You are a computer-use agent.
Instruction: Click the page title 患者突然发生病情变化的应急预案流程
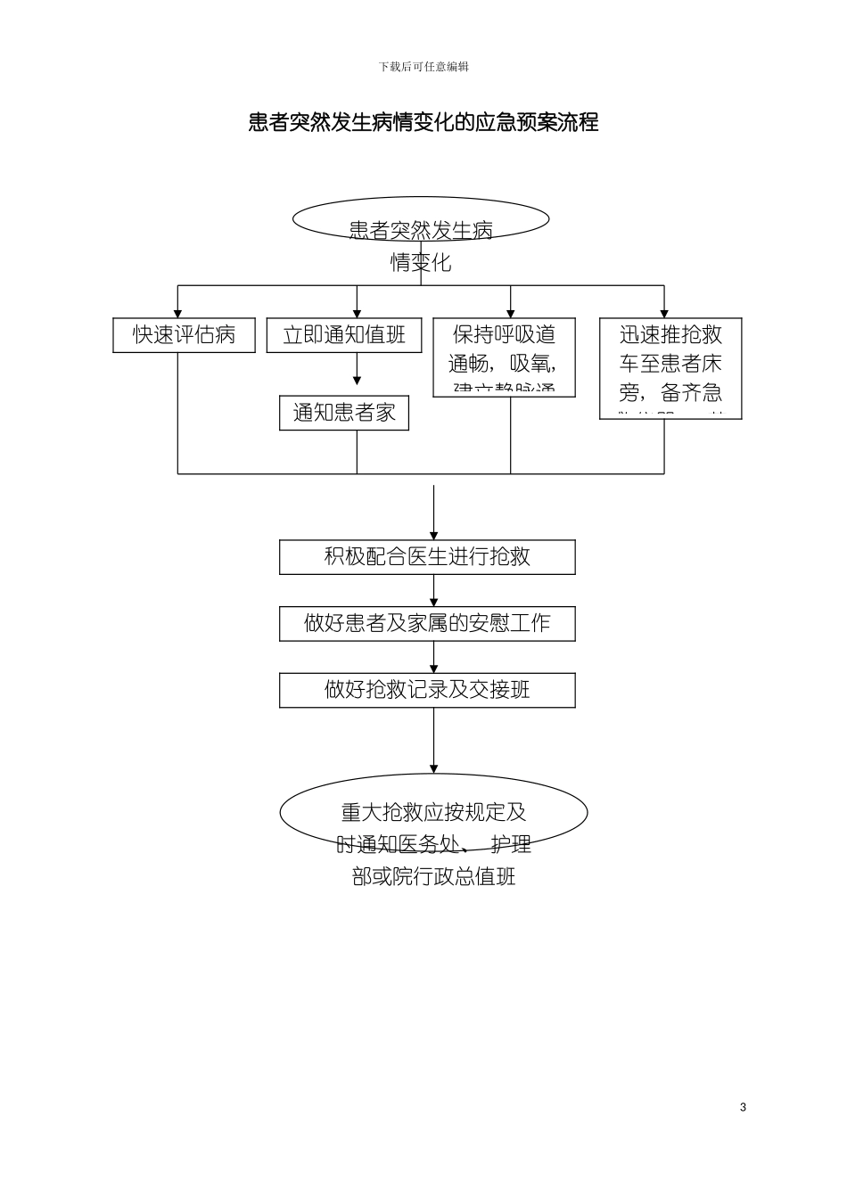(423, 122)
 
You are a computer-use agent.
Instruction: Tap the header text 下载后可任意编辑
(423, 67)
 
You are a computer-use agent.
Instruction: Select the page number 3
(743, 1107)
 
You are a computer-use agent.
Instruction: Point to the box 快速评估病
(184, 335)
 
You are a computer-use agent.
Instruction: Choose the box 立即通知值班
(344, 335)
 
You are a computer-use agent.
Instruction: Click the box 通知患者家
(344, 413)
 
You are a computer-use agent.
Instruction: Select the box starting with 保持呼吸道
(504, 357)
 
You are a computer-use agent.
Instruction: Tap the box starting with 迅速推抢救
(670, 368)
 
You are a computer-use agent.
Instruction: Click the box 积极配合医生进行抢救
(427, 557)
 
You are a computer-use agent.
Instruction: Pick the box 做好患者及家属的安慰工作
(427, 623)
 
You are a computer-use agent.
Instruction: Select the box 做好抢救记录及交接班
(427, 690)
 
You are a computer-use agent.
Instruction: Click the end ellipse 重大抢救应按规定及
(433, 812)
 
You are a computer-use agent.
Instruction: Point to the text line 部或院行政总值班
(433, 876)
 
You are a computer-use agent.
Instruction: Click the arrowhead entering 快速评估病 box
(178, 313)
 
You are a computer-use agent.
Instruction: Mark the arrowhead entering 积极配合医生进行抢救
(434, 535)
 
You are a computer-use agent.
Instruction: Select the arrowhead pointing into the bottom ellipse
(434, 768)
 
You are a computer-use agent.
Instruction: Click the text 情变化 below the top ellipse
(421, 263)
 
